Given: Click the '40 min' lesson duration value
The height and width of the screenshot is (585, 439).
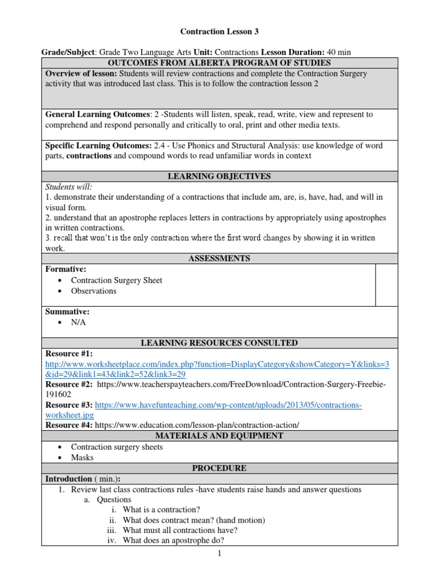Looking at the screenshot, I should click(x=338, y=52).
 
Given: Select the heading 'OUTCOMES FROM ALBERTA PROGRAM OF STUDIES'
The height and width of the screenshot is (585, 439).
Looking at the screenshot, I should click(x=219, y=63).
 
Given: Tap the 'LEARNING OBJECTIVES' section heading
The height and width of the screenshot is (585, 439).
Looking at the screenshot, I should click(x=219, y=177).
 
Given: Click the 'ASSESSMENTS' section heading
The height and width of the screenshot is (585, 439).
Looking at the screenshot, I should click(x=219, y=258).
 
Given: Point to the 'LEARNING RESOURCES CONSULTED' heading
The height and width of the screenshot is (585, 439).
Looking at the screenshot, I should click(x=219, y=343).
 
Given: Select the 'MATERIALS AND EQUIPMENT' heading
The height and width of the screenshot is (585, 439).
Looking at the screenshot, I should click(x=219, y=436).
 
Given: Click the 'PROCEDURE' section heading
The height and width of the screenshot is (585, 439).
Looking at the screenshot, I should click(x=219, y=468).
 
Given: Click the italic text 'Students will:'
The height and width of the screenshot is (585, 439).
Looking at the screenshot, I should click(x=69, y=187).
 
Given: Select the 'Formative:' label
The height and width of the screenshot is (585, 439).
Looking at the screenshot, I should click(x=66, y=269).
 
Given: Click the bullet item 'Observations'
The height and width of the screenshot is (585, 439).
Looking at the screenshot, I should click(x=93, y=291).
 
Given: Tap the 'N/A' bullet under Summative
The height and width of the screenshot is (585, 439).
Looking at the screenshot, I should click(x=79, y=322).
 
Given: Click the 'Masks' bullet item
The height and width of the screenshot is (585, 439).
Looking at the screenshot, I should click(x=82, y=458).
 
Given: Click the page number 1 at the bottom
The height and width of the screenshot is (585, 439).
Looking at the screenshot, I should click(x=219, y=553).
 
